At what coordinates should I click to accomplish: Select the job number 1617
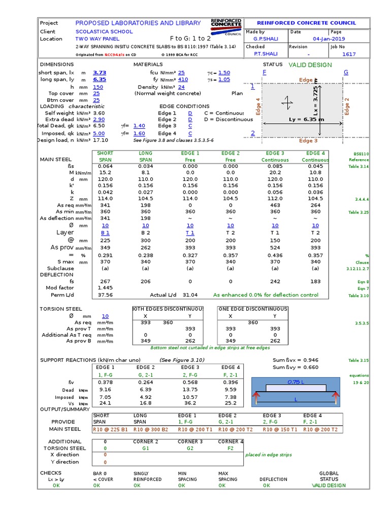click(349, 54)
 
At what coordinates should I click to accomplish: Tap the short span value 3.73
click(100, 72)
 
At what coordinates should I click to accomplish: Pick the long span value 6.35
click(100, 80)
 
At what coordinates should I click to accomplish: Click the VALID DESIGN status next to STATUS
click(310, 65)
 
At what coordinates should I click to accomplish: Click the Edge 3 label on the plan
click(308, 141)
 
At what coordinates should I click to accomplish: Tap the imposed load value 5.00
click(99, 133)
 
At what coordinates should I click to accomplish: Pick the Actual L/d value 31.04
click(190, 295)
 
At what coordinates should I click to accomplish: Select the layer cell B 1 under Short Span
click(105, 233)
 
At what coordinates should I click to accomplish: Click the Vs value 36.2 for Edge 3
click(189, 403)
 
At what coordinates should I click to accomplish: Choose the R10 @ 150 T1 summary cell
click(279, 429)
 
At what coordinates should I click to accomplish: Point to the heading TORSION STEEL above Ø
click(60, 309)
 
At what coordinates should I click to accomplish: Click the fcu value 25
click(181, 72)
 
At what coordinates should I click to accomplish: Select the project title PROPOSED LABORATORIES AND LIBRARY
click(138, 23)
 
